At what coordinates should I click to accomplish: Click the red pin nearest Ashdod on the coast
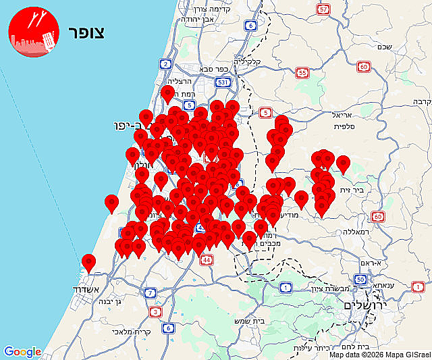click(88, 263)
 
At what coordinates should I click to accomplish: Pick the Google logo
click(22, 352)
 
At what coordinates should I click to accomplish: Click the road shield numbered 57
click(324, 9)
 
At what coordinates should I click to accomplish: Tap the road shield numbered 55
click(302, 73)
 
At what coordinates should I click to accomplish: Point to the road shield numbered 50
click(360, 279)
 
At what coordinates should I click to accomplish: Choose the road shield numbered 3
click(157, 311)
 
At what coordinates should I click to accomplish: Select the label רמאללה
click(378, 231)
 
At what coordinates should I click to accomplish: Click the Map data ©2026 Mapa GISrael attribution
click(380, 355)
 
